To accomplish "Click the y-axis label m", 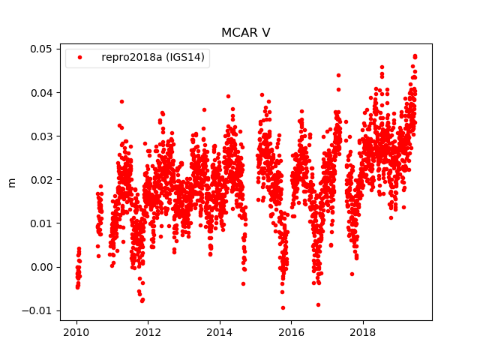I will point(11,182).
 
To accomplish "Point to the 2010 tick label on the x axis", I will point(76,331).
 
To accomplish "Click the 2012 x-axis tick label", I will point(148,331).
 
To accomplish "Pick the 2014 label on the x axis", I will point(220,331).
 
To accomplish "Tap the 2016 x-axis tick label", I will point(292,331).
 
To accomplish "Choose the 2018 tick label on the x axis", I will point(364,331).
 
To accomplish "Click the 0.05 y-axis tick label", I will point(40,49).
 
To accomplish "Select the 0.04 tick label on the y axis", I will point(40,92).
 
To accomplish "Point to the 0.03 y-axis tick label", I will point(40,136).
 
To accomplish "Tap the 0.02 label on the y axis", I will point(40,179).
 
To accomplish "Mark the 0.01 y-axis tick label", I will point(40,223).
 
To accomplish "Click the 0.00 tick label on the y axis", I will point(40,267).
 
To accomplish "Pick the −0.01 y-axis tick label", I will point(37,310).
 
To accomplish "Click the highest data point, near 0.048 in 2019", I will point(415,55).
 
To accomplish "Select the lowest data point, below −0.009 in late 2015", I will point(283,307).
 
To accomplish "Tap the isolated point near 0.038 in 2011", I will point(121,101).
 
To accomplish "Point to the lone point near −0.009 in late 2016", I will point(318,304).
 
